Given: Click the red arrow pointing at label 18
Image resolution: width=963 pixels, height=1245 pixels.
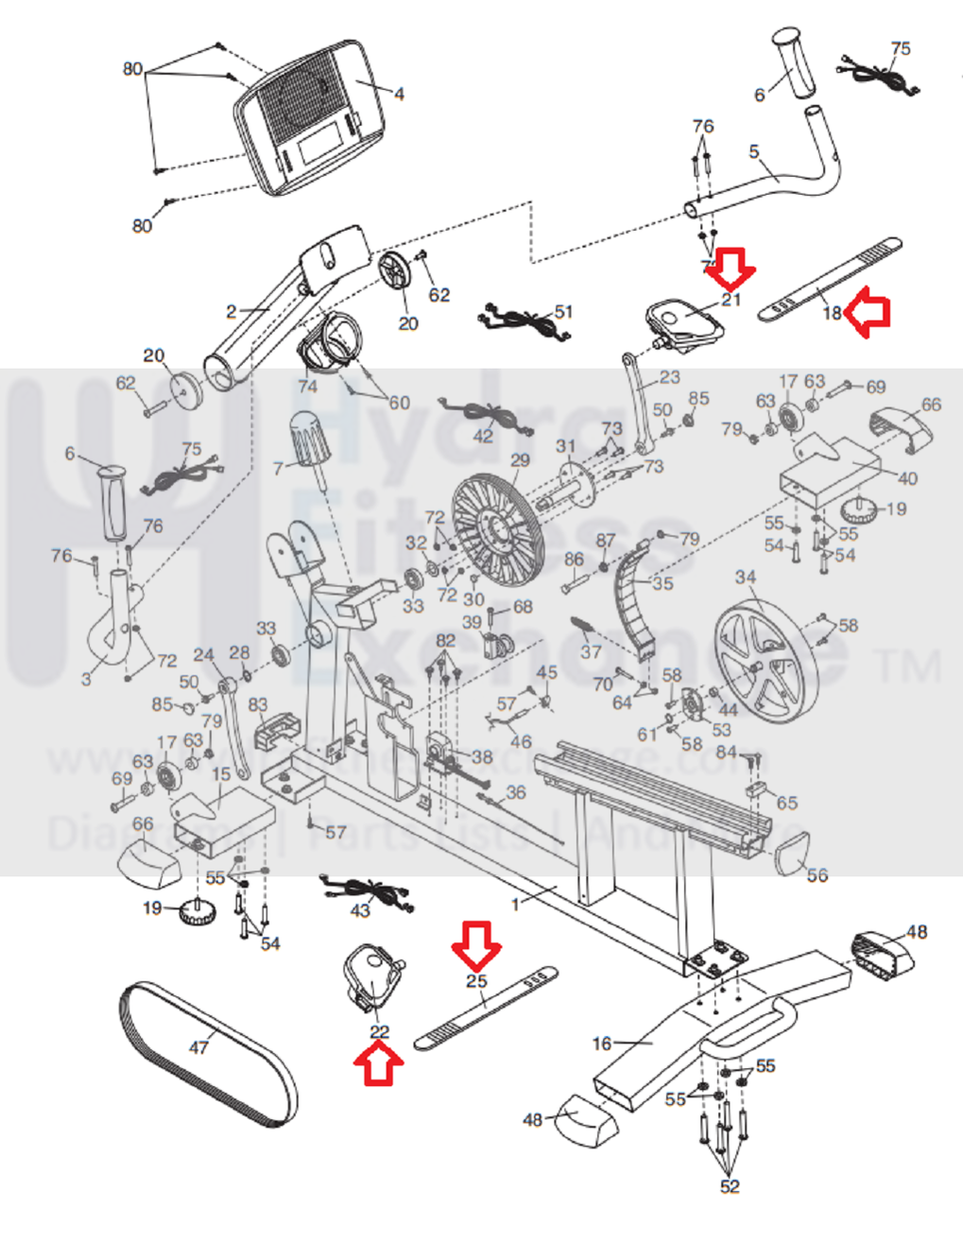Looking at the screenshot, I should point(868,314).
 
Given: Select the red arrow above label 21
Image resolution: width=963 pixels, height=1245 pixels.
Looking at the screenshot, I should point(732,268).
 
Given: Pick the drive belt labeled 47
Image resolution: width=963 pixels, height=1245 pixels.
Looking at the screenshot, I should point(209,1055).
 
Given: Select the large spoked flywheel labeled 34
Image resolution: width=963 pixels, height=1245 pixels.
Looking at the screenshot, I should point(765,661).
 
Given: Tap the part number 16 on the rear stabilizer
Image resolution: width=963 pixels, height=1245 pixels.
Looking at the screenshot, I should point(602,1044).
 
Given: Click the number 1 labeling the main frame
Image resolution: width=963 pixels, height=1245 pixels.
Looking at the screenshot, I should point(516,905).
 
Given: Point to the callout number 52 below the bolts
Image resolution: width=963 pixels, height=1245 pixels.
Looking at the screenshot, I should point(730,1186).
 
